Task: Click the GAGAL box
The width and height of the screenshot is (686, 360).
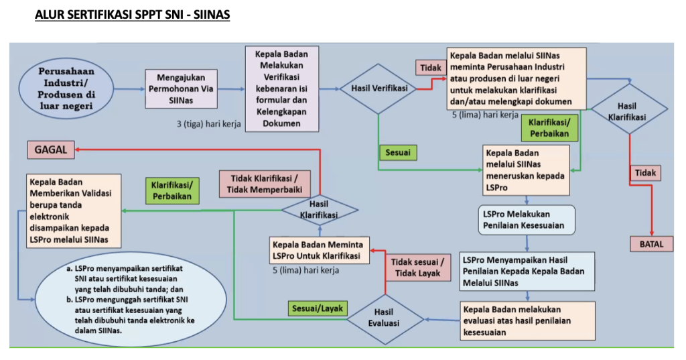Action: tap(50, 151)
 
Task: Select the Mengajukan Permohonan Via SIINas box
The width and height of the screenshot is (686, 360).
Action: tap(181, 88)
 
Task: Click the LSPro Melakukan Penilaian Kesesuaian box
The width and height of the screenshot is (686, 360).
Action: tap(527, 219)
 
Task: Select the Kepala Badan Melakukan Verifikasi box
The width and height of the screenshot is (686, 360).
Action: tap(281, 87)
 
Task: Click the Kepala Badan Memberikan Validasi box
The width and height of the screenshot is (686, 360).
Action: tap(74, 210)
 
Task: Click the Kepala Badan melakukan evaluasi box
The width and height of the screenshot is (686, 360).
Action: tap(528, 320)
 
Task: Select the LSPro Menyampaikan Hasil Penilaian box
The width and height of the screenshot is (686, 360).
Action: tap(527, 272)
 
